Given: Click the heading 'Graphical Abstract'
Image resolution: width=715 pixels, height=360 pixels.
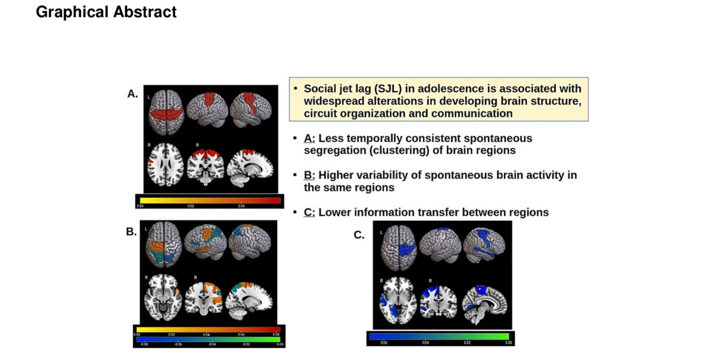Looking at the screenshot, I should coord(106,12).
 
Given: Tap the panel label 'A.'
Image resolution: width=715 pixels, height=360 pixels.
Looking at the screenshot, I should coord(133,94).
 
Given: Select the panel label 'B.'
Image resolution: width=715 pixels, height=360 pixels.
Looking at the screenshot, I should coord(132,232).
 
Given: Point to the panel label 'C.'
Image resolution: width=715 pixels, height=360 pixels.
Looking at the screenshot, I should coord(359,235).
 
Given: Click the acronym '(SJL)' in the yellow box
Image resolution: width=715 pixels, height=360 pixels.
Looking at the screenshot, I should coord(387,89).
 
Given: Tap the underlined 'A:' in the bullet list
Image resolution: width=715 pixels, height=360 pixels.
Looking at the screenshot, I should coord(309,139).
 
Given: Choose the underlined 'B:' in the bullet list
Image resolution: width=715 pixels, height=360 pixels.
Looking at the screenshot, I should coord(309,176).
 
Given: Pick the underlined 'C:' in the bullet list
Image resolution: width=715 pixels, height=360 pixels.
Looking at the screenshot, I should coord(309,212).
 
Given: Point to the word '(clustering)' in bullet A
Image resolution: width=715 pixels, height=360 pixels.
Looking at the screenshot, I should coord(399,150).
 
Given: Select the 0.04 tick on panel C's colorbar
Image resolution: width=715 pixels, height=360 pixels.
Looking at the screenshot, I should coord(425,343).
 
